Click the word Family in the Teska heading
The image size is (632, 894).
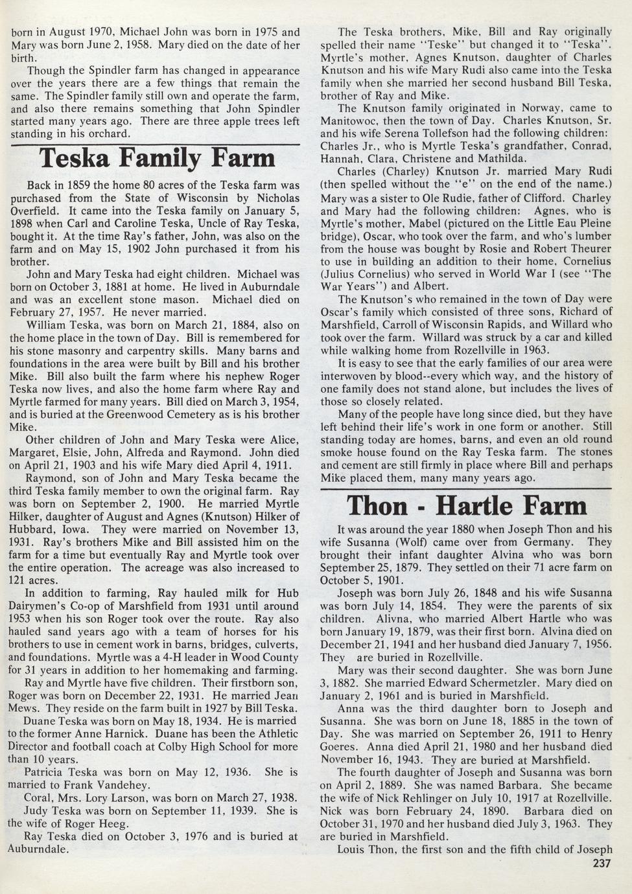161,159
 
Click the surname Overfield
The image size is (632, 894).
36,211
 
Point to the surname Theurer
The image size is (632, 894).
588,248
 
